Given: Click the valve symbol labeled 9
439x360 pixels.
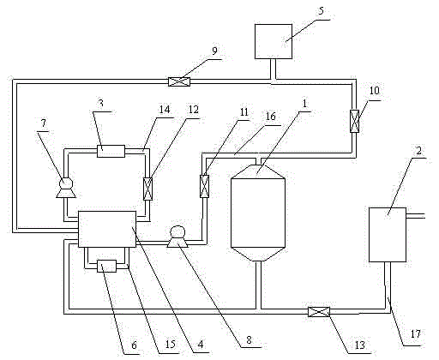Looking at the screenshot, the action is coord(179,81).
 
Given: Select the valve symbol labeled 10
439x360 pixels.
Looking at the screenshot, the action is coord(354,122).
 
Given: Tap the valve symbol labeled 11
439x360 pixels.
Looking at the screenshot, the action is coord(204,186).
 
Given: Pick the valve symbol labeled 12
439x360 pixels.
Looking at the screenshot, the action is coord(147,189).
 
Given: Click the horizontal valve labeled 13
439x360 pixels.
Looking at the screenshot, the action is coord(319,312).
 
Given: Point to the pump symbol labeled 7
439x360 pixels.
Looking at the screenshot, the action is coord(66,188).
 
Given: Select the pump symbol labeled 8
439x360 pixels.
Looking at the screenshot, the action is coord(177,237).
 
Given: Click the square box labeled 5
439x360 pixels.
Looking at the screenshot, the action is coord(274,41).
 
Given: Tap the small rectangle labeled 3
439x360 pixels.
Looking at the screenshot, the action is coord(111,151).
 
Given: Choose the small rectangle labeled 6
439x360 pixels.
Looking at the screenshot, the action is coord(107,266).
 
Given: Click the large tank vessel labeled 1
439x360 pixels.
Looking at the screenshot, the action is coord(258,213).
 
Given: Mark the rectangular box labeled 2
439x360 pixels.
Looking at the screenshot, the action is coord(388,235).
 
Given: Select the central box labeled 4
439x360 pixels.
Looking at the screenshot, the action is coord(107,229).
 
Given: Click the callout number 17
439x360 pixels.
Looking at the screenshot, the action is coord(416,333).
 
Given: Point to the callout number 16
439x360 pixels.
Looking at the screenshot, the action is coord(270,117).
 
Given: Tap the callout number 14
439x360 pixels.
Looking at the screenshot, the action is coord(165,109).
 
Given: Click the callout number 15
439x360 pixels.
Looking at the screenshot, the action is coord(170,344).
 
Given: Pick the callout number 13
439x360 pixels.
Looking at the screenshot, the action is coord(360,345).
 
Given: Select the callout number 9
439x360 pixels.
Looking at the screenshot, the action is coord(214,51).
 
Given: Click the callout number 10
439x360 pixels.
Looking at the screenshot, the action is coord(375,90).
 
